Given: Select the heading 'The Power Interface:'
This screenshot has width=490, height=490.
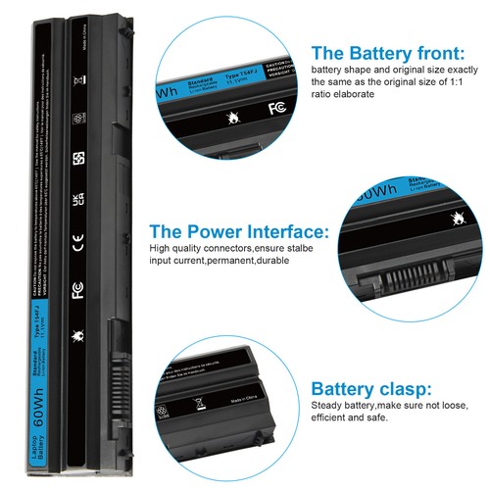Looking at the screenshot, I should pyautogui.click(x=238, y=231).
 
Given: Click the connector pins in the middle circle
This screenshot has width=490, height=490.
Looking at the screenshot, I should pyautogui.click(x=405, y=280).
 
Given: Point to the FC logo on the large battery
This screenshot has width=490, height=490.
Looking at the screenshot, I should pyautogui.click(x=77, y=290).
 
